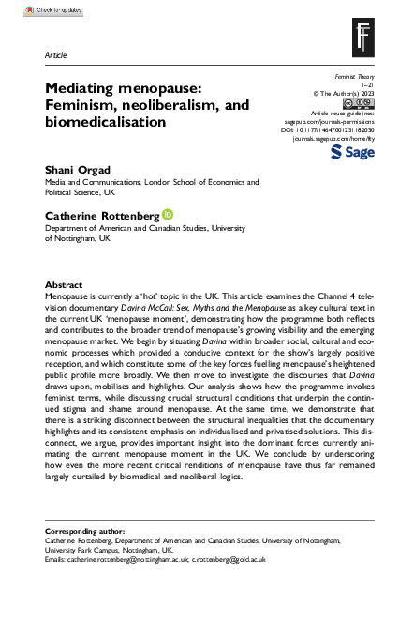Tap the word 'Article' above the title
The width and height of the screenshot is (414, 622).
pyautogui.click(x=55, y=55)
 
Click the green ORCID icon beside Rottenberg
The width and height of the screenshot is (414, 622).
pyautogui.click(x=168, y=214)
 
